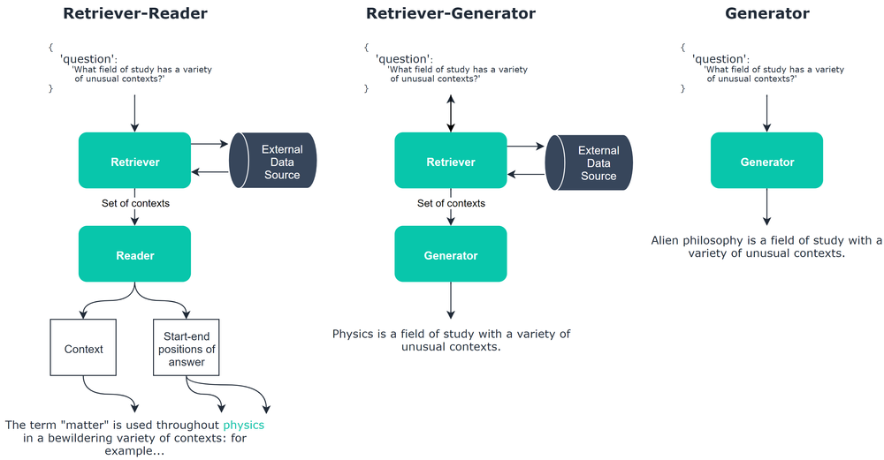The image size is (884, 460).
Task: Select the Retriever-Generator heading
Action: pyautogui.click(x=450, y=13)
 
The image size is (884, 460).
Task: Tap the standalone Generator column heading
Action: pyautogui.click(x=766, y=13)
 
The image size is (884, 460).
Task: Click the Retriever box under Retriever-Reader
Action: pyautogui.click(x=134, y=162)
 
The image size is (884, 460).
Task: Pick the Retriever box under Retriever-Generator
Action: pyautogui.click(x=451, y=162)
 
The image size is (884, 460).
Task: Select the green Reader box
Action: pyautogui.click(x=134, y=255)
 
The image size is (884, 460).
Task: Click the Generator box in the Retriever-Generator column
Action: pyautogui.click(x=451, y=255)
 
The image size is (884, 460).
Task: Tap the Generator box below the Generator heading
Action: pyautogui.click(x=766, y=162)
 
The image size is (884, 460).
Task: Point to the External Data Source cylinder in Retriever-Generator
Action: pyautogui.click(x=591, y=162)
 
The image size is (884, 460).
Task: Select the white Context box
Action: pyautogui.click(x=84, y=349)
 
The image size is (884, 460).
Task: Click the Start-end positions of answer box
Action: pyautogui.click(x=185, y=349)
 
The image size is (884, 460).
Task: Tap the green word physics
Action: pyautogui.click(x=243, y=425)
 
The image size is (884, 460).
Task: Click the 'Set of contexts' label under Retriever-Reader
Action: pyautogui.click(x=134, y=203)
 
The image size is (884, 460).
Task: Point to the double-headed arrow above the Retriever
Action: pyautogui.click(x=451, y=114)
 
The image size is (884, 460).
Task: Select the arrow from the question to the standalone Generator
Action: pyautogui.click(x=766, y=113)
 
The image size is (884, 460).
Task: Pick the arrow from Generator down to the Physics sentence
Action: pyautogui.click(x=451, y=299)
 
